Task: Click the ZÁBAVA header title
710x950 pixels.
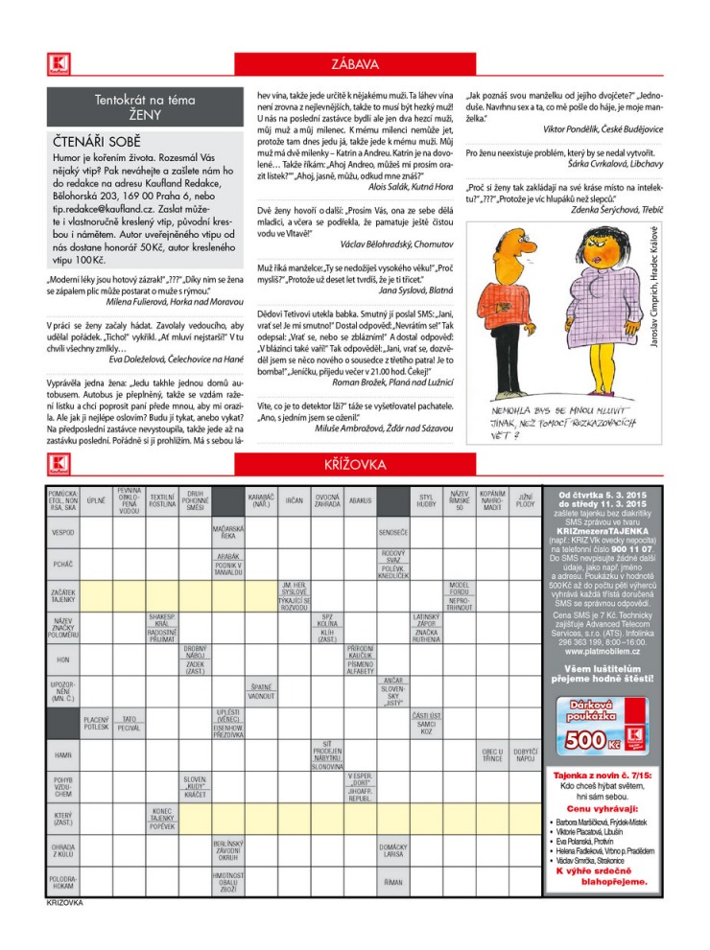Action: (x=355, y=64)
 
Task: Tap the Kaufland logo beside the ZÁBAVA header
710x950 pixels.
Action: (x=54, y=64)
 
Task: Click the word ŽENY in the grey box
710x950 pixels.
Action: (x=145, y=114)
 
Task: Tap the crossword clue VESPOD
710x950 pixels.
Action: (x=63, y=531)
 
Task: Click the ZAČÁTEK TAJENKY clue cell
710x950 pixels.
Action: (x=63, y=596)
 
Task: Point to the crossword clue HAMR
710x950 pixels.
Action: (x=63, y=756)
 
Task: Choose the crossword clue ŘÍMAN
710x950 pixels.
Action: (x=393, y=880)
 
